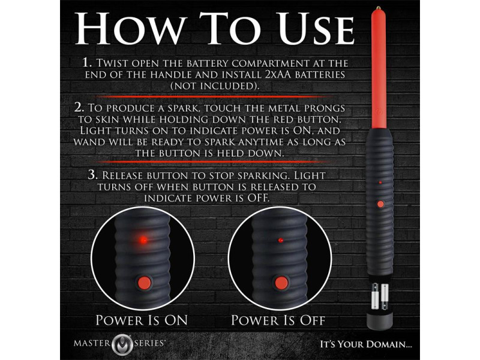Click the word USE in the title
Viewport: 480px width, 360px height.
pos(316,28)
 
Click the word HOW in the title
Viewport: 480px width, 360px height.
pos(131,28)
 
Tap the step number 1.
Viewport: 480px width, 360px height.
pos(87,63)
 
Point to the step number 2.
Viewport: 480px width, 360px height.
pos(79,107)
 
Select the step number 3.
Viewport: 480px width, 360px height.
pos(93,175)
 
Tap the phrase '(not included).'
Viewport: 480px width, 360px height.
pos(215,86)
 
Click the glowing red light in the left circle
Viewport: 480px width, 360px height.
pos(143,240)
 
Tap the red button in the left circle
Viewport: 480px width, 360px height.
pos(144,283)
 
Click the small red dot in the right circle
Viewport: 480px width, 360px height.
pos(281,241)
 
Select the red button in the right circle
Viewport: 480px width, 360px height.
pos(281,283)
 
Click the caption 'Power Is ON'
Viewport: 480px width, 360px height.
pos(142,320)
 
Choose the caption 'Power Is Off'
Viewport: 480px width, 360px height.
pos(278,320)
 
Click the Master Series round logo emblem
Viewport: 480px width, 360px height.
pos(122,343)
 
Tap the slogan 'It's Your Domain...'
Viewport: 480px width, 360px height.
pos(366,344)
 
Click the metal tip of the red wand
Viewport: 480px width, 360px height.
pos(379,7)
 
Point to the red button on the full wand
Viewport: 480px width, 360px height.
pos(380,204)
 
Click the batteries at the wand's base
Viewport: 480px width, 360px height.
pos(380,296)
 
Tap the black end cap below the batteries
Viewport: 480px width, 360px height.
pos(380,321)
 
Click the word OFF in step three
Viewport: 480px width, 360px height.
pos(258,198)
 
